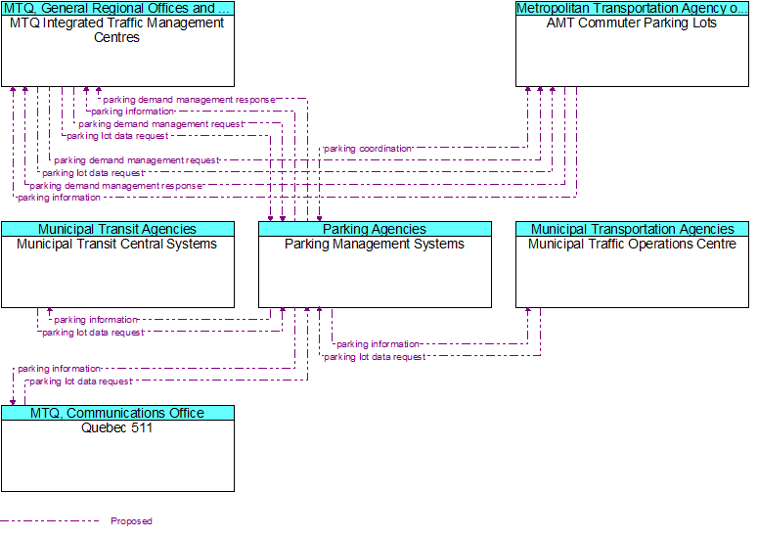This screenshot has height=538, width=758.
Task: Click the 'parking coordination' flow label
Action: [368, 149]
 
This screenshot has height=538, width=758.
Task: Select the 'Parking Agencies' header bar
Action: [375, 229]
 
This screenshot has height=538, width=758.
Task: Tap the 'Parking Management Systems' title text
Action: [375, 245]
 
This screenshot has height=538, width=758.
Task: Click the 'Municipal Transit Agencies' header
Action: [117, 229]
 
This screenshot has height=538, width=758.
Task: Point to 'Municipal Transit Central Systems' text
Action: [117, 245]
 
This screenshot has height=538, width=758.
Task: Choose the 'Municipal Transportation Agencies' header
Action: [632, 229]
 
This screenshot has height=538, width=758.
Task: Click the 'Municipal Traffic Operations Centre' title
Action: [632, 245]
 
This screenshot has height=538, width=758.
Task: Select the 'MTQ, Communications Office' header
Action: [117, 413]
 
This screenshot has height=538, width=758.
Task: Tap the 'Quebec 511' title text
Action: [117, 427]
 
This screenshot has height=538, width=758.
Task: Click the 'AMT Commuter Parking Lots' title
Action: [632, 23]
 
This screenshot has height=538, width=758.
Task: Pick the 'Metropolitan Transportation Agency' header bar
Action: [632, 8]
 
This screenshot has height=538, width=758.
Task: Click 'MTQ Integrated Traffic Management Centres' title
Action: [117, 30]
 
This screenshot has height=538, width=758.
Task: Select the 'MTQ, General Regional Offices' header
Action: [117, 8]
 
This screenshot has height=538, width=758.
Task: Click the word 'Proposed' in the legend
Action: [131, 521]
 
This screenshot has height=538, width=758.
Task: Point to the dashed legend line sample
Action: [49, 520]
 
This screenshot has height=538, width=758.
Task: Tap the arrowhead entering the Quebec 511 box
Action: [13, 402]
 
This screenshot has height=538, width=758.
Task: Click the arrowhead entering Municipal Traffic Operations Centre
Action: [528, 310]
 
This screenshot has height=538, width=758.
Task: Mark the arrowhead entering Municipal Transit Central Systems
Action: [50, 310]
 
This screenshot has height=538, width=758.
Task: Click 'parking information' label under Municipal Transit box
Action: [96, 320]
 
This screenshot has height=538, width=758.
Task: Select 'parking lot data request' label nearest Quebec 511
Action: [81, 381]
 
